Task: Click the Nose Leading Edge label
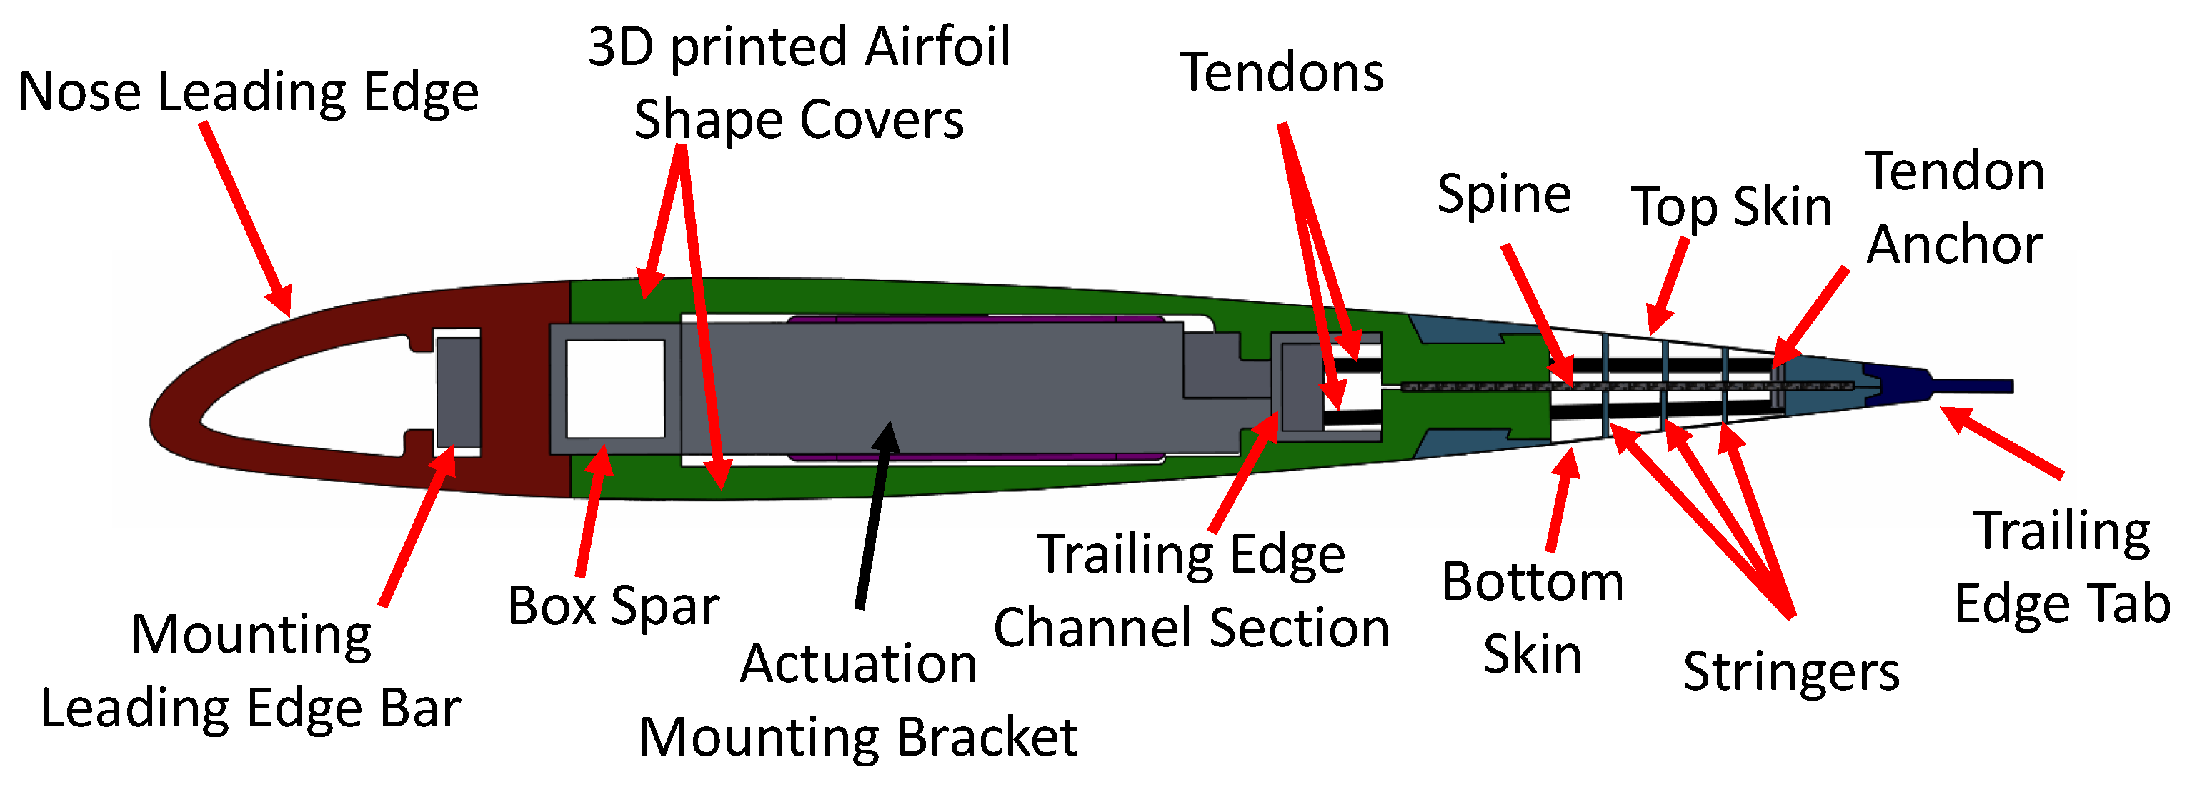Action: (x=248, y=92)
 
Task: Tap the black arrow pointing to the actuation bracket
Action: (x=874, y=516)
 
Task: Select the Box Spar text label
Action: (x=613, y=606)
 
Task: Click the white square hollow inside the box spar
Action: (x=615, y=389)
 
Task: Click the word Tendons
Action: (x=1282, y=72)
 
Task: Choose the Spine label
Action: (x=1503, y=194)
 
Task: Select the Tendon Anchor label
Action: (x=1955, y=209)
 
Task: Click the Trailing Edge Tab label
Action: (x=2061, y=568)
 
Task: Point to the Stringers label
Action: (x=1790, y=672)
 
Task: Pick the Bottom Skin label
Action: (x=1533, y=618)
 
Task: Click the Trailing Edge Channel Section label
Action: (x=1190, y=591)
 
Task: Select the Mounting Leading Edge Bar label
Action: (x=251, y=671)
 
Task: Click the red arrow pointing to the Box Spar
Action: (x=592, y=511)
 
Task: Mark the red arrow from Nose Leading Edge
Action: (x=246, y=218)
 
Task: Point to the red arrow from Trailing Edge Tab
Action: (x=2003, y=442)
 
